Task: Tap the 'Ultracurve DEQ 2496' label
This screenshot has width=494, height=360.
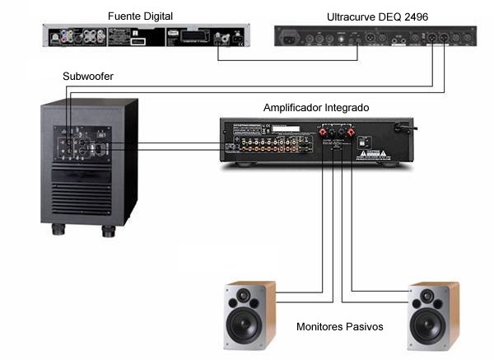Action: (365, 16)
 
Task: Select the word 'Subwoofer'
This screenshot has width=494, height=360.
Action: (87, 77)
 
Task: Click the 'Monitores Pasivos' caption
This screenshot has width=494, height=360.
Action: (339, 327)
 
